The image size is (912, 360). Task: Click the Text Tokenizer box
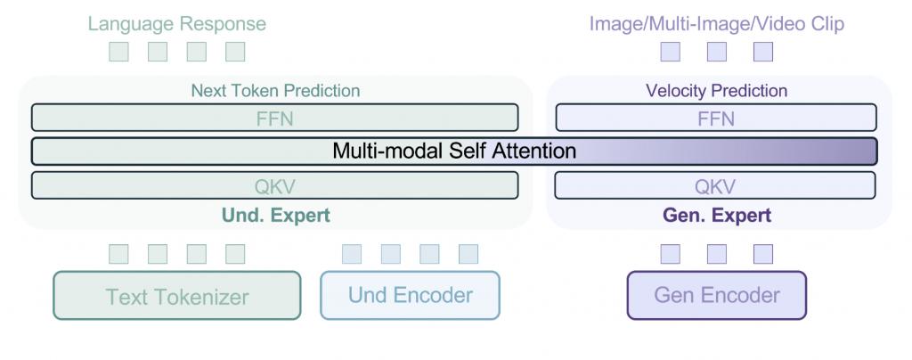177,296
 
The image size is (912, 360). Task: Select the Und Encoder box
410,296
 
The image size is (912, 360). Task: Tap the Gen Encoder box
717,296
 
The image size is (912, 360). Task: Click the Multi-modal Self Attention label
454,151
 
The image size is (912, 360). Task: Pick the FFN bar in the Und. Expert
274,118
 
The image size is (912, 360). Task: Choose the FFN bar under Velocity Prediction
716,118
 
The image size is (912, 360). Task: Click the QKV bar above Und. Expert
274,185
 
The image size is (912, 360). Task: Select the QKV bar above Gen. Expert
715,185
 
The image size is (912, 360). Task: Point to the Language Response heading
177,24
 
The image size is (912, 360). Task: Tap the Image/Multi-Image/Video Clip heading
717,24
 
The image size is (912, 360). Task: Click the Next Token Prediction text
276,91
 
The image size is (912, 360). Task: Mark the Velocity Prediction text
717,91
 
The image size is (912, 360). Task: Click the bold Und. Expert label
276,216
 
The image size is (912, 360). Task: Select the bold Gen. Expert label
717,216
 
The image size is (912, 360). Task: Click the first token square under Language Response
118,52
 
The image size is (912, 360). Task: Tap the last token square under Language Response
235,52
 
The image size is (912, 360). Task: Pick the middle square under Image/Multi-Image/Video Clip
717,52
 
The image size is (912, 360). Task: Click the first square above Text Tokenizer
118,254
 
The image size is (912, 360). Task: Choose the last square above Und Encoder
468,254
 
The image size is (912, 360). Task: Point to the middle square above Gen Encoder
717,254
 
